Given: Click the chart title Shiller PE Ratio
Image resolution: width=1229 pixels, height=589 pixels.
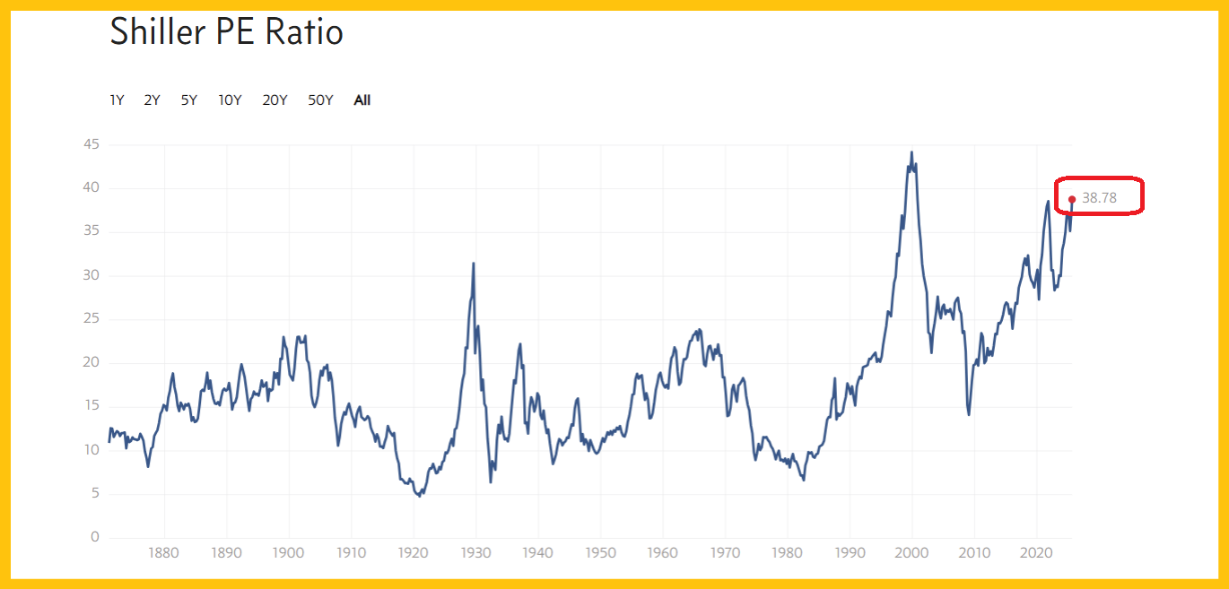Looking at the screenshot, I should pyautogui.click(x=226, y=32).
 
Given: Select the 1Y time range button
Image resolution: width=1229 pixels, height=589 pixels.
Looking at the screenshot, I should pyautogui.click(x=117, y=100).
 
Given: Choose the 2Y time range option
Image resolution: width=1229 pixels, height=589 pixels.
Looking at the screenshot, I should pyautogui.click(x=152, y=100).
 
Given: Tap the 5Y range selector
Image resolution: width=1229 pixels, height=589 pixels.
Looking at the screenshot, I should pyautogui.click(x=188, y=100).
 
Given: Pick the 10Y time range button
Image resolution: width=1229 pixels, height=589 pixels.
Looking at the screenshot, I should pyautogui.click(x=230, y=100).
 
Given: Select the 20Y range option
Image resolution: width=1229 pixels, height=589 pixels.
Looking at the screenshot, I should pyautogui.click(x=275, y=100).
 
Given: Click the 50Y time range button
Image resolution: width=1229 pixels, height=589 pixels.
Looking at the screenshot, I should pyautogui.click(x=320, y=100).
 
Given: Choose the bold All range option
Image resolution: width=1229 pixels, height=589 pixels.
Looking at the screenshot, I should pyautogui.click(x=362, y=100).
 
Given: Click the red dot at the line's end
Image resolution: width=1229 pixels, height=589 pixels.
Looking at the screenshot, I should pyautogui.click(x=1072, y=199).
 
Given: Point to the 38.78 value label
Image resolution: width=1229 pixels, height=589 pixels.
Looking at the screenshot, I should pyautogui.click(x=1099, y=198).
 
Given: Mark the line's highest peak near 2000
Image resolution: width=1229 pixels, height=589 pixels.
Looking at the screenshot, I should pyautogui.click(x=912, y=152).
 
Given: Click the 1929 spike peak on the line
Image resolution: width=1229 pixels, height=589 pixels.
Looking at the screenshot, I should pyautogui.click(x=474, y=264).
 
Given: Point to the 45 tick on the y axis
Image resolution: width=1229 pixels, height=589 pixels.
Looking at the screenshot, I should pyautogui.click(x=92, y=144).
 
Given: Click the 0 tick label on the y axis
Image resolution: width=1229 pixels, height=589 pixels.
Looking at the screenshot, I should pyautogui.click(x=95, y=538).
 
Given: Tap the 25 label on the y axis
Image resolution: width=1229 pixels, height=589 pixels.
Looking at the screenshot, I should pyautogui.click(x=92, y=319).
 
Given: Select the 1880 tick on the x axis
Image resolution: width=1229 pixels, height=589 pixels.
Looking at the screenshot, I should pyautogui.click(x=163, y=553).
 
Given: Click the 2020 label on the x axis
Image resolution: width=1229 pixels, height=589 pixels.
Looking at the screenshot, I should pyautogui.click(x=1037, y=553).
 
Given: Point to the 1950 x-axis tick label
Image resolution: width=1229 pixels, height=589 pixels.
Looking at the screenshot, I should pyautogui.click(x=600, y=553).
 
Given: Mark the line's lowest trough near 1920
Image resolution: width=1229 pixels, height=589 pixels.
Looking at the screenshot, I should pyautogui.click(x=419, y=496).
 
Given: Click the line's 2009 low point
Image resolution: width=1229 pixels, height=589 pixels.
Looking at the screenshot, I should pyautogui.click(x=969, y=414).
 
